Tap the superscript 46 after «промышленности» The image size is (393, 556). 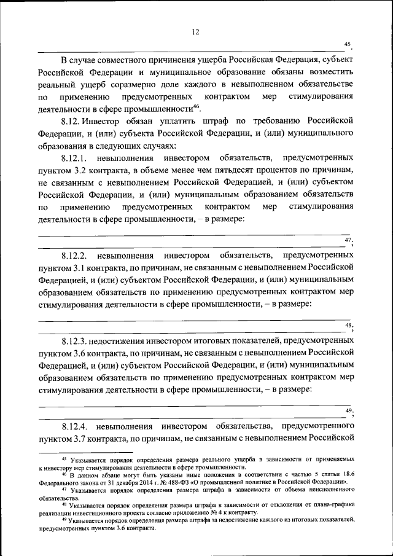196,106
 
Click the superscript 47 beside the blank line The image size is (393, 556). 348,239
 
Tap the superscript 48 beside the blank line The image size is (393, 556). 348,324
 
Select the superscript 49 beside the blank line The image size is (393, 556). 348,410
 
